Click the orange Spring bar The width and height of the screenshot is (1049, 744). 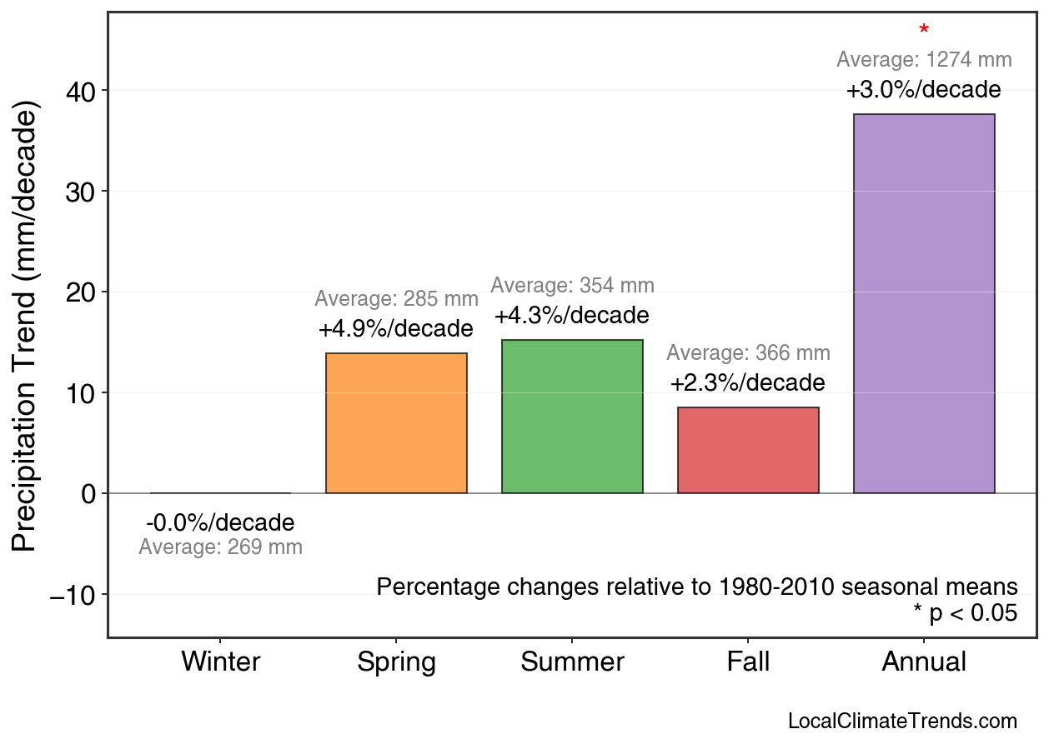click(396, 423)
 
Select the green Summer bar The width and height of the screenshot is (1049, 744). click(572, 417)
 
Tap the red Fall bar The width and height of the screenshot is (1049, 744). click(748, 450)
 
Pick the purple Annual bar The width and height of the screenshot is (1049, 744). click(924, 303)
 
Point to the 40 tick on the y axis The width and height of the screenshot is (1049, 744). click(81, 91)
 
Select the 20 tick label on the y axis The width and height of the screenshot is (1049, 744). click(81, 292)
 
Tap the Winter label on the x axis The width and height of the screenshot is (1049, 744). click(221, 662)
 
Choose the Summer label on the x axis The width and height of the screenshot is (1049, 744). click(572, 662)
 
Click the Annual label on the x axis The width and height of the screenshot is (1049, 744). click(924, 662)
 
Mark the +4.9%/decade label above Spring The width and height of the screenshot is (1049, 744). click(396, 329)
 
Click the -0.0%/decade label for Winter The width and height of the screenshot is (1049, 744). click(220, 523)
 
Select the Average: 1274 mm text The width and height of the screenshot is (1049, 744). click(924, 60)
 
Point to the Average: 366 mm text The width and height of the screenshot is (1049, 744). click(748, 353)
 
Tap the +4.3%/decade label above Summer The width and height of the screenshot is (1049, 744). click(572, 317)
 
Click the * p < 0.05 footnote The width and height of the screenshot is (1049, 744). click(965, 614)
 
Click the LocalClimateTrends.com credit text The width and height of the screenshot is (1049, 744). click(902, 722)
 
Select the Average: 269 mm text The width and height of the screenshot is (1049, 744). click(220, 548)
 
